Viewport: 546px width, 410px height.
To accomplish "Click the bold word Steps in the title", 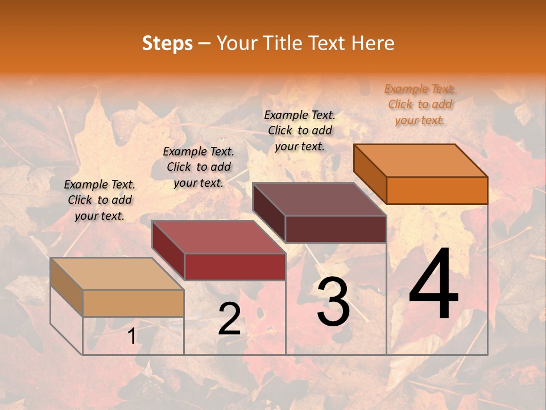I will point(167,43).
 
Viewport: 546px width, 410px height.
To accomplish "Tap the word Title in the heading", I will point(283,43).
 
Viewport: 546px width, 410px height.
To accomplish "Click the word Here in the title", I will point(373,43).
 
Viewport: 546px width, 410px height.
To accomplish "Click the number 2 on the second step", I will point(229,319).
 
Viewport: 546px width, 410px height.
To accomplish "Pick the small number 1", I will point(131,337).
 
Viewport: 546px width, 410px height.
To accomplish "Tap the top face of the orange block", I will point(421,160).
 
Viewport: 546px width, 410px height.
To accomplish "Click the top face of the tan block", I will point(117,273).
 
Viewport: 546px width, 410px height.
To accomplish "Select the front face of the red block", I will point(235,266).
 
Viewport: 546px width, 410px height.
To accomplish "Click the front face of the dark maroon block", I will point(336,229).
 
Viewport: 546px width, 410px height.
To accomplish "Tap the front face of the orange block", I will point(437,190).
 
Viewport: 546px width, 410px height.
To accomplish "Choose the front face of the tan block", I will point(133,303).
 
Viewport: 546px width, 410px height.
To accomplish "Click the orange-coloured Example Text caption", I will point(420,104).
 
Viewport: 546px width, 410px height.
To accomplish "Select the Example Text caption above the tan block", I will point(100,200).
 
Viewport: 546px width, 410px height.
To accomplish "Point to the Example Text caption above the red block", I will point(198,167).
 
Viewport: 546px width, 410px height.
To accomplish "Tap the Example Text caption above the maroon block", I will point(300,130).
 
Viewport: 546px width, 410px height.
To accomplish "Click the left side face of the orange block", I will point(370,174).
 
